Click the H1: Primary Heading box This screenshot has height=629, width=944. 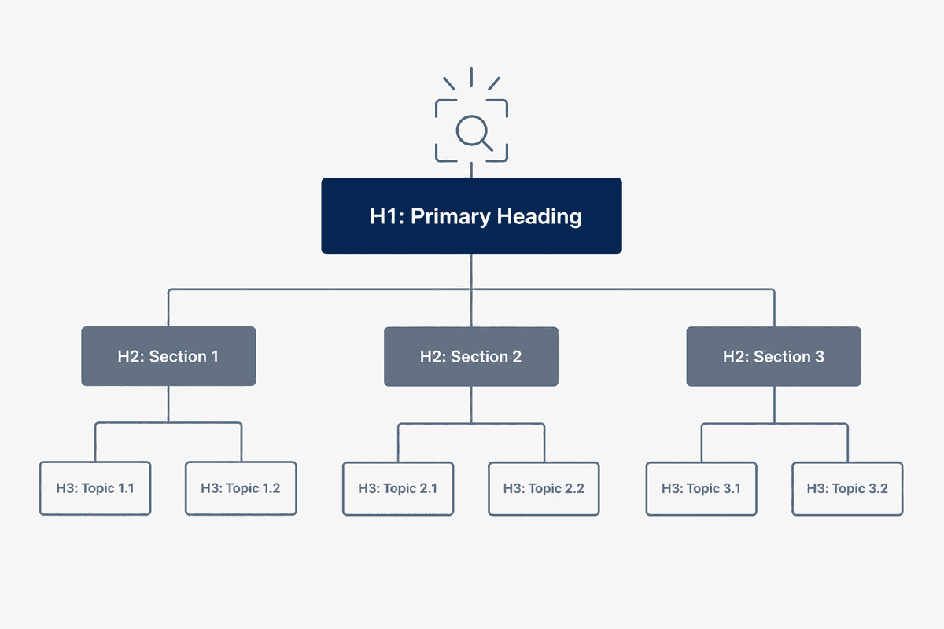click(471, 215)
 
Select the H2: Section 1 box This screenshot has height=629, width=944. click(168, 356)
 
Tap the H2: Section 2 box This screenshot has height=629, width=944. click(471, 356)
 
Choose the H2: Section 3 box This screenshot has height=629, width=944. click(774, 356)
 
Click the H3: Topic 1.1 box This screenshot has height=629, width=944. click(95, 488)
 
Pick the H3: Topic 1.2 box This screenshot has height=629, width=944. click(241, 488)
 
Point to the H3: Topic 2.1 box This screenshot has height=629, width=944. click(398, 489)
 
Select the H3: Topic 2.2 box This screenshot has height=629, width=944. click(544, 489)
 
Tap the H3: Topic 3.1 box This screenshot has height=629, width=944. click(701, 489)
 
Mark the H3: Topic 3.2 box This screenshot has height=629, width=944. click(847, 489)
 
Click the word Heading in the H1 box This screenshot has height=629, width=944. click(539, 217)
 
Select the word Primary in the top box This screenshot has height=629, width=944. click(451, 217)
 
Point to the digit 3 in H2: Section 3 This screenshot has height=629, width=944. click(819, 357)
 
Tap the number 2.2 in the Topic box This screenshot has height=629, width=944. click(574, 489)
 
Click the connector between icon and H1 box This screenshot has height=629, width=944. click(471, 170)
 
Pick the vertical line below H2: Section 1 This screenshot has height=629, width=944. click(168, 404)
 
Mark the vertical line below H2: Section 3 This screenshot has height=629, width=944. click(774, 405)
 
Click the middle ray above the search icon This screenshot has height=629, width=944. click(471, 77)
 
